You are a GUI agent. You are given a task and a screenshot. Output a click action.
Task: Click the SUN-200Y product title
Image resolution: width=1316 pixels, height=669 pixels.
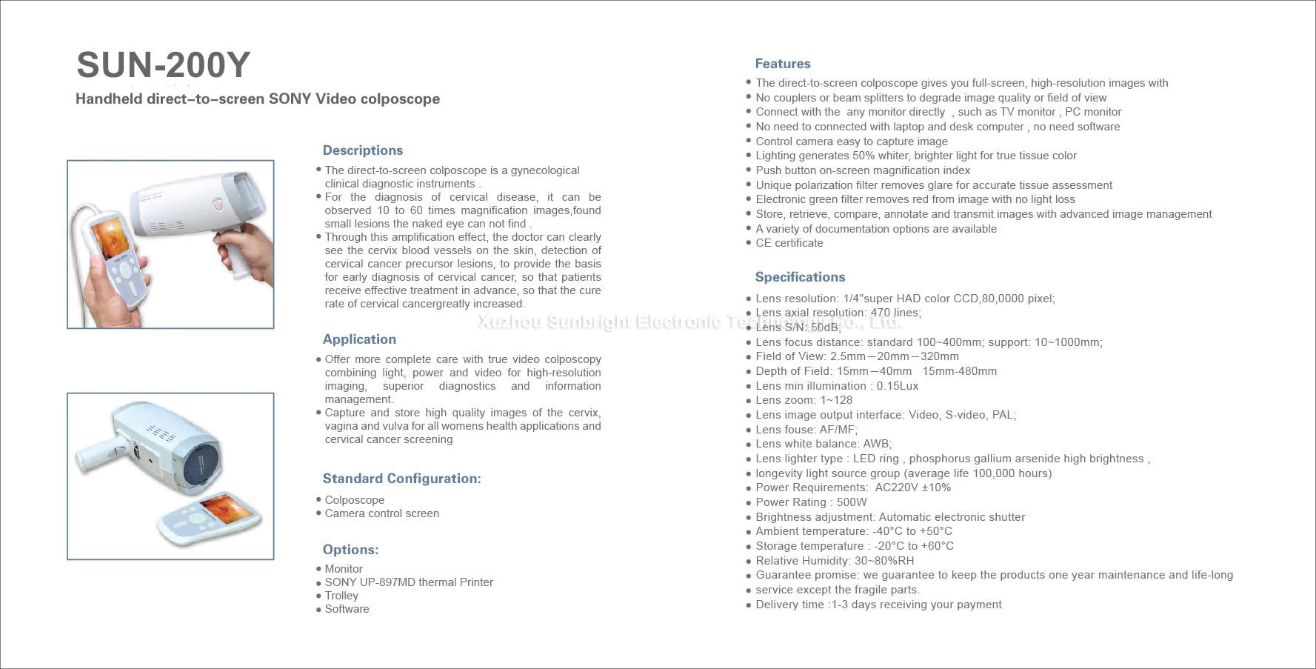point(164,65)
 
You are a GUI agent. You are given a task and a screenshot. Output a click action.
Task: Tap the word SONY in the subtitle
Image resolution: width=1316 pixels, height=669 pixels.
point(290,99)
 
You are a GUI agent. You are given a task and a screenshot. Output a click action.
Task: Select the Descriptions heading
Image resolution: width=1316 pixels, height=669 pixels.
point(362,150)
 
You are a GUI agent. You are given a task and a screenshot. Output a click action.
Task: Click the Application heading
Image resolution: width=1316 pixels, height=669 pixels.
point(359,339)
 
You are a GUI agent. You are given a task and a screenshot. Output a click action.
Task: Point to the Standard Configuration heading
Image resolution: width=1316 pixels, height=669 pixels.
point(401,479)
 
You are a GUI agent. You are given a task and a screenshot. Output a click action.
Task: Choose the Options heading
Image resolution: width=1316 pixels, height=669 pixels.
point(350,550)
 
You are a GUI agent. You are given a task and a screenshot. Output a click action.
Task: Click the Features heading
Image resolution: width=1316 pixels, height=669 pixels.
point(782,64)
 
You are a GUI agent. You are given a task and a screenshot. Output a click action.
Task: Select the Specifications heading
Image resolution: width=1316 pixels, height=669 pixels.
point(800,277)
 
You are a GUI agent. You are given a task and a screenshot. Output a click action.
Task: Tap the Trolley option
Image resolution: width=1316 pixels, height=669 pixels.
point(341,596)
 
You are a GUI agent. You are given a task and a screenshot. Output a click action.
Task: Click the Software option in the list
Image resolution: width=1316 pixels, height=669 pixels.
point(347,609)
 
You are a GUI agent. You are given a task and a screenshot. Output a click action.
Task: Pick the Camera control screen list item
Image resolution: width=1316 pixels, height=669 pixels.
point(381,513)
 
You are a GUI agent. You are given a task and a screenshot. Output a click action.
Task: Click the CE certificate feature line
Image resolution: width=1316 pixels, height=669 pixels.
point(789,243)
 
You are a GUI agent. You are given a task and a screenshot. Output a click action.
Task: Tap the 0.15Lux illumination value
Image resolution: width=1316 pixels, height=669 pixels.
point(898,386)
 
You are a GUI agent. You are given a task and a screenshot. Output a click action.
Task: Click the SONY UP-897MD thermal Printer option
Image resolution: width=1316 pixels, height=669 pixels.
point(409,582)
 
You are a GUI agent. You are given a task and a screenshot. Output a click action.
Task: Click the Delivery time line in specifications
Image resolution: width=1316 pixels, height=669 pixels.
point(878,605)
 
